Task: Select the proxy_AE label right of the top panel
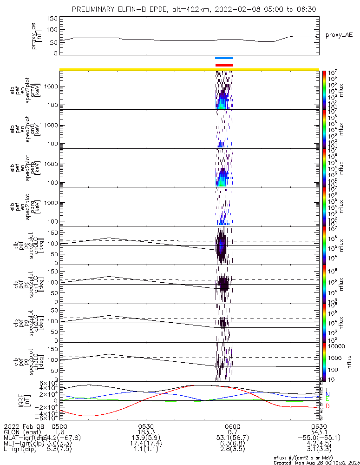[339, 35]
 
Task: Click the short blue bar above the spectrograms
[224, 58]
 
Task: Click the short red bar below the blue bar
[224, 65]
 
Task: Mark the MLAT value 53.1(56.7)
[232, 438]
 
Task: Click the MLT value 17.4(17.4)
[146, 445]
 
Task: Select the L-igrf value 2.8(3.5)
[232, 451]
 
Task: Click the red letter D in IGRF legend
[327, 406]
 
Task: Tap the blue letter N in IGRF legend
[327, 394]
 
